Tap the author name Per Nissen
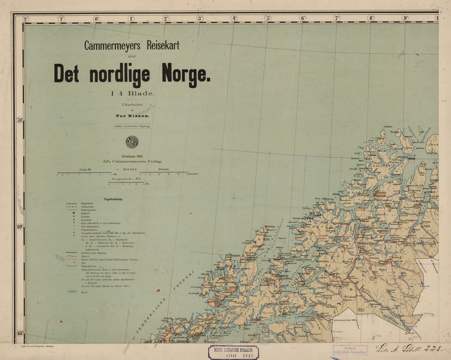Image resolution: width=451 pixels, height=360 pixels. click(132, 116)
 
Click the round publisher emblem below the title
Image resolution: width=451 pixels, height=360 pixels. click(132, 142)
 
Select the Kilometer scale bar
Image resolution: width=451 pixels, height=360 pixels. click(164, 173)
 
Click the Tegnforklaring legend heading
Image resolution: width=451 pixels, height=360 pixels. click(113, 199)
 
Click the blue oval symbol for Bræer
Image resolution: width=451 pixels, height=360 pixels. click(72, 292)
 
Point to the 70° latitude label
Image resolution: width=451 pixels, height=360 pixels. click(20, 120)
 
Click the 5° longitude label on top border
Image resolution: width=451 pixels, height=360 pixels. click(268, 18)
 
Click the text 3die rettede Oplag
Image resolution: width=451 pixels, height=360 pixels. click(132, 126)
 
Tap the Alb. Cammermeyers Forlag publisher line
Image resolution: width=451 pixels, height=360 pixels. click(132, 161)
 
